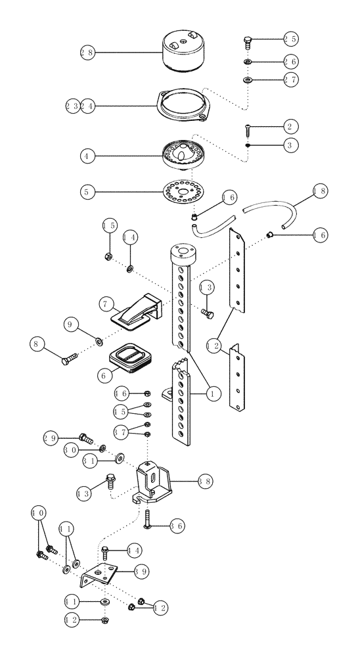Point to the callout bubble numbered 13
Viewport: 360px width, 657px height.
pos(206,288)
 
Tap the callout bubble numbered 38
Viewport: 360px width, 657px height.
pos(205,482)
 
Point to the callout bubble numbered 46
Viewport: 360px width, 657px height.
pos(121,394)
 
